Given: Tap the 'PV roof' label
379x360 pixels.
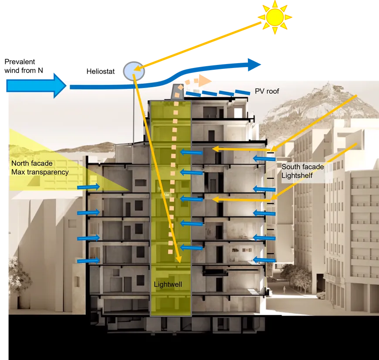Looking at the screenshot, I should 267,92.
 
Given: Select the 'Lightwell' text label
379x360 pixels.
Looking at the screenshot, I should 168,284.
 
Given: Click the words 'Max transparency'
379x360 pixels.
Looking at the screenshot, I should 40,172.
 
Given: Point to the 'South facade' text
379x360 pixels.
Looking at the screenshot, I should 302,166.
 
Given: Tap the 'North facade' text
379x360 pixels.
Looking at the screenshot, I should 32,163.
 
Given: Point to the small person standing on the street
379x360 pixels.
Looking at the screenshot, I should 284,289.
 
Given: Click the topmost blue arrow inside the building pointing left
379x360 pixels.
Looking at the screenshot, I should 192,153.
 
